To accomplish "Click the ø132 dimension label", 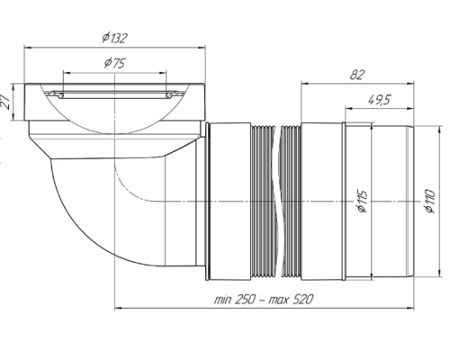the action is (x=114, y=38).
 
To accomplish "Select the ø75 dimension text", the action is (x=114, y=63).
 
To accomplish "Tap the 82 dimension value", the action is (x=357, y=75).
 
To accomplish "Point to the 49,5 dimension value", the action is (x=379, y=99).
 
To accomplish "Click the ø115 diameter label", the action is (x=363, y=201).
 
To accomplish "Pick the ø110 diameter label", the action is (x=429, y=201).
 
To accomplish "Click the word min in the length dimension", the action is (x=222, y=299).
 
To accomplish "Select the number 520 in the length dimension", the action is (x=301, y=299).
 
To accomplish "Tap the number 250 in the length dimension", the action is (x=245, y=299).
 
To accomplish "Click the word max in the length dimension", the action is (x=278, y=300).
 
